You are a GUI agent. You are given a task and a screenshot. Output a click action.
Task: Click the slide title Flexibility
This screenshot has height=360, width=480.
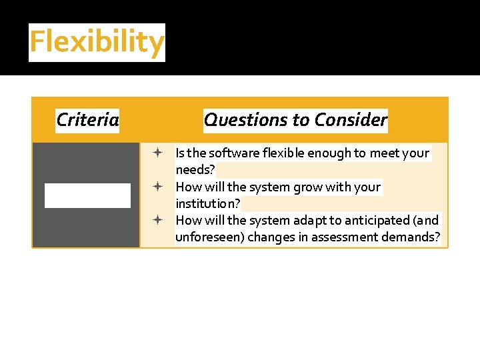pyautogui.click(x=97, y=42)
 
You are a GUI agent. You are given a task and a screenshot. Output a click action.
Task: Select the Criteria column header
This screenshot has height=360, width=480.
pyautogui.click(x=87, y=120)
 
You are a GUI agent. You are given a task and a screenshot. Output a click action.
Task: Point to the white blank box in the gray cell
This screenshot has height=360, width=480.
pyautogui.click(x=87, y=195)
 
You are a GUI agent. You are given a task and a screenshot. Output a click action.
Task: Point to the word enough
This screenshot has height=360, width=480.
pyautogui.click(x=329, y=153)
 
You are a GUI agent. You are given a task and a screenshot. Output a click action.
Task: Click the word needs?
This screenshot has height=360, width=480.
pyautogui.click(x=195, y=170)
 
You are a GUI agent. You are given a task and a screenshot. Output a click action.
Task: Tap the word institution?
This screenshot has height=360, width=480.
pyautogui.click(x=207, y=203)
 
